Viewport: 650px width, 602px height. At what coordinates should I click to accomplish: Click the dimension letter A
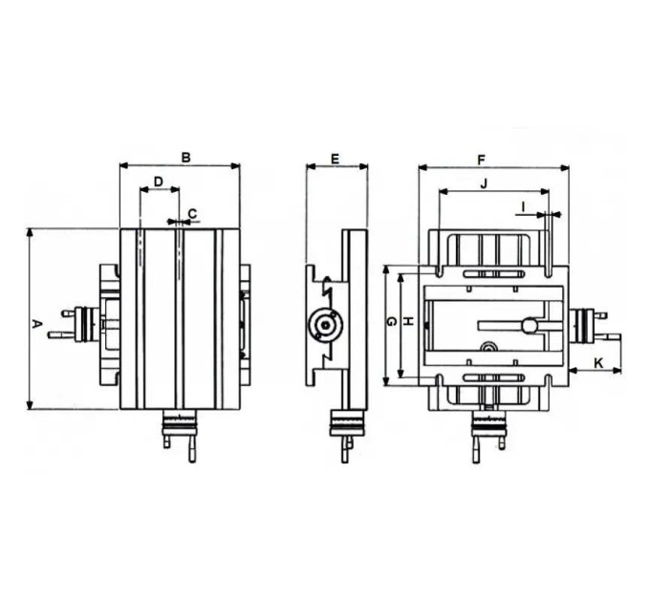pos(37,324)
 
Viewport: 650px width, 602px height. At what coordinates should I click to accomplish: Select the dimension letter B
pos(186,158)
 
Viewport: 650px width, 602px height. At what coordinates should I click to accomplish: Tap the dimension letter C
pos(192,214)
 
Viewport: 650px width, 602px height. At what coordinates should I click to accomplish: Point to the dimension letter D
pos(159,182)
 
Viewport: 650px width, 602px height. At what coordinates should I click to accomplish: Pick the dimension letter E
pos(336,159)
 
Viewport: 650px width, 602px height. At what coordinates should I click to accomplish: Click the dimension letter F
pos(481,160)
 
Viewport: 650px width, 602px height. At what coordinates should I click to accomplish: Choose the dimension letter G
pos(391,321)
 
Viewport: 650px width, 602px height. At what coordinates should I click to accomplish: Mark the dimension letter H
pos(408,321)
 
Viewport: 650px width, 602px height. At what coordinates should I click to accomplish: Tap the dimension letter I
pos(523,206)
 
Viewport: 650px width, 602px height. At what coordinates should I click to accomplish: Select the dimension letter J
pos(484,183)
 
